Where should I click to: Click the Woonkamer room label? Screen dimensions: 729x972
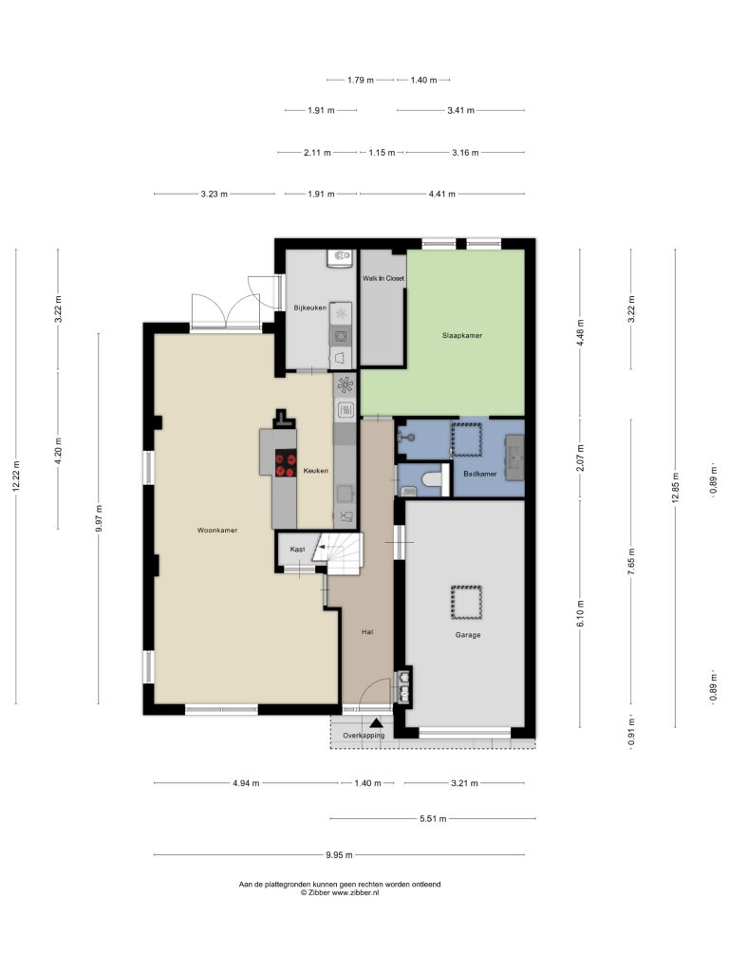pyautogui.click(x=217, y=530)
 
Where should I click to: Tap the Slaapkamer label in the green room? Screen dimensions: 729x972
pyautogui.click(x=462, y=335)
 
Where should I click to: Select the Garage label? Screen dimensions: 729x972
pyautogui.click(x=467, y=635)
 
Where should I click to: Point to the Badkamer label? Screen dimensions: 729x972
pyautogui.click(x=479, y=474)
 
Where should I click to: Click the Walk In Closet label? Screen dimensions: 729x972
pyautogui.click(x=383, y=278)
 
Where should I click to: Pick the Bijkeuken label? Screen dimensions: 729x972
pyautogui.click(x=310, y=308)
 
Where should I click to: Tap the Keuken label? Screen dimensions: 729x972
pyautogui.click(x=315, y=471)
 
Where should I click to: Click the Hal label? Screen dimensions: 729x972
pyautogui.click(x=367, y=632)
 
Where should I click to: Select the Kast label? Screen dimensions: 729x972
pyautogui.click(x=297, y=550)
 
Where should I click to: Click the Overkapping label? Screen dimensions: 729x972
pyautogui.click(x=364, y=736)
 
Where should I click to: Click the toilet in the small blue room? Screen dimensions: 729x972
pyautogui.click(x=432, y=479)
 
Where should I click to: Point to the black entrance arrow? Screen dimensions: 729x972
pyautogui.click(x=376, y=722)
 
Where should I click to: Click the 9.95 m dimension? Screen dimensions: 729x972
pyautogui.click(x=339, y=855)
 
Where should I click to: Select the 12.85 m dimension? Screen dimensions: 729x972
pyautogui.click(x=676, y=489)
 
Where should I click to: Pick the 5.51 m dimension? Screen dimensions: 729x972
pyautogui.click(x=433, y=819)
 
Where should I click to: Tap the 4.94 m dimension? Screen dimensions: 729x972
pyautogui.click(x=246, y=783)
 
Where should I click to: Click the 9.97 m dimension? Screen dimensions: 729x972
pyautogui.click(x=99, y=518)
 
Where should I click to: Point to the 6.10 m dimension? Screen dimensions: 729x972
pyautogui.click(x=581, y=613)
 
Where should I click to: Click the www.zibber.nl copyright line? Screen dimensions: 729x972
pyautogui.click(x=340, y=892)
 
